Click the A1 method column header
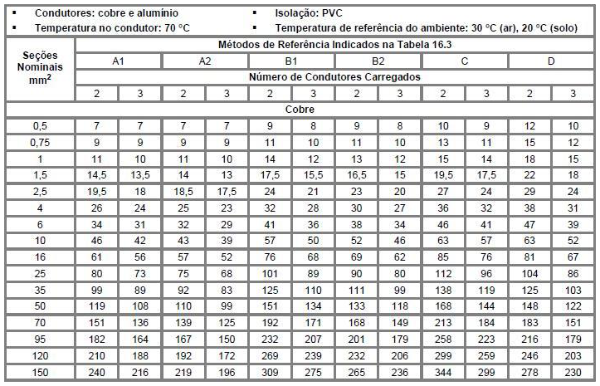(119, 61)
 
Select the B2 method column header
(378, 61)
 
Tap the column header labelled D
(551, 61)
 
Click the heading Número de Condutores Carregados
(334, 76)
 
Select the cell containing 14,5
(97, 175)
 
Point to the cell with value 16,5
(357, 175)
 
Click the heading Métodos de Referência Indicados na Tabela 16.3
(334, 44)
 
